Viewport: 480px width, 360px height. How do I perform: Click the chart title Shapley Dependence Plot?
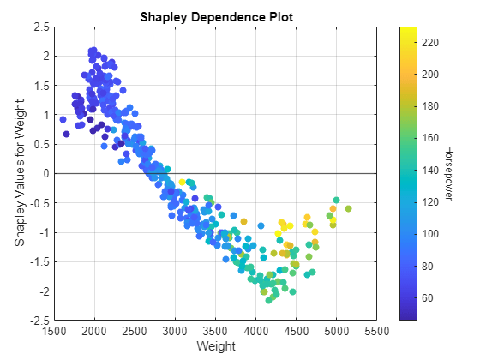215,16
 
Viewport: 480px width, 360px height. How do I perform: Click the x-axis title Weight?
215,347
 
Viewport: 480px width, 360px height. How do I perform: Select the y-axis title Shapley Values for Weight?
18,173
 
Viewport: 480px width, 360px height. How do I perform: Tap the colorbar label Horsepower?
447,173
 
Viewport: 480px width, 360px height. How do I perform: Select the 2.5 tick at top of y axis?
39,27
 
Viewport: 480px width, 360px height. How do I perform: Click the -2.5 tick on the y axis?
37,321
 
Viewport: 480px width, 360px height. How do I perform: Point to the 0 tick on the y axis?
44,174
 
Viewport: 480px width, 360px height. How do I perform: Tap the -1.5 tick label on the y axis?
37,262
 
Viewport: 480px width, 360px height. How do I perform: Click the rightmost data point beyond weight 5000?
348,209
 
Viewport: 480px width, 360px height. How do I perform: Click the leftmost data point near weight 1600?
63,119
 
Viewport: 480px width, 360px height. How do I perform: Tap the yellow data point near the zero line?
182,182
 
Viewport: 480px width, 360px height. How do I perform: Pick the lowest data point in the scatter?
269,300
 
